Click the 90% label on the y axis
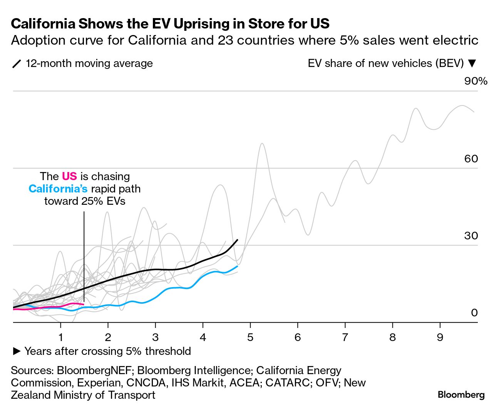click(476, 81)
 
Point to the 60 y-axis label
click(471, 159)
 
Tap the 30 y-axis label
click(471, 236)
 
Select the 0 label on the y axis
click(474, 313)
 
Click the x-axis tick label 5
click(250, 338)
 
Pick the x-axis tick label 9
click(440, 338)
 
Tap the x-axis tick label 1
click(61, 338)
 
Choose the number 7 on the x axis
click(345, 338)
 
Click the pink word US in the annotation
click(69, 176)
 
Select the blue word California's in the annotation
click(58, 189)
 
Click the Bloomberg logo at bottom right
click(461, 395)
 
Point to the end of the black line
click(238, 240)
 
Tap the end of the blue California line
click(238, 266)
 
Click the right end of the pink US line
click(84, 304)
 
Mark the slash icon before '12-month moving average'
click(17, 64)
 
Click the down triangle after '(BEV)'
click(472, 64)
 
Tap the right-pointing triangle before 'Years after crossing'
click(17, 351)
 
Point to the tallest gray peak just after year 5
click(262, 144)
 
